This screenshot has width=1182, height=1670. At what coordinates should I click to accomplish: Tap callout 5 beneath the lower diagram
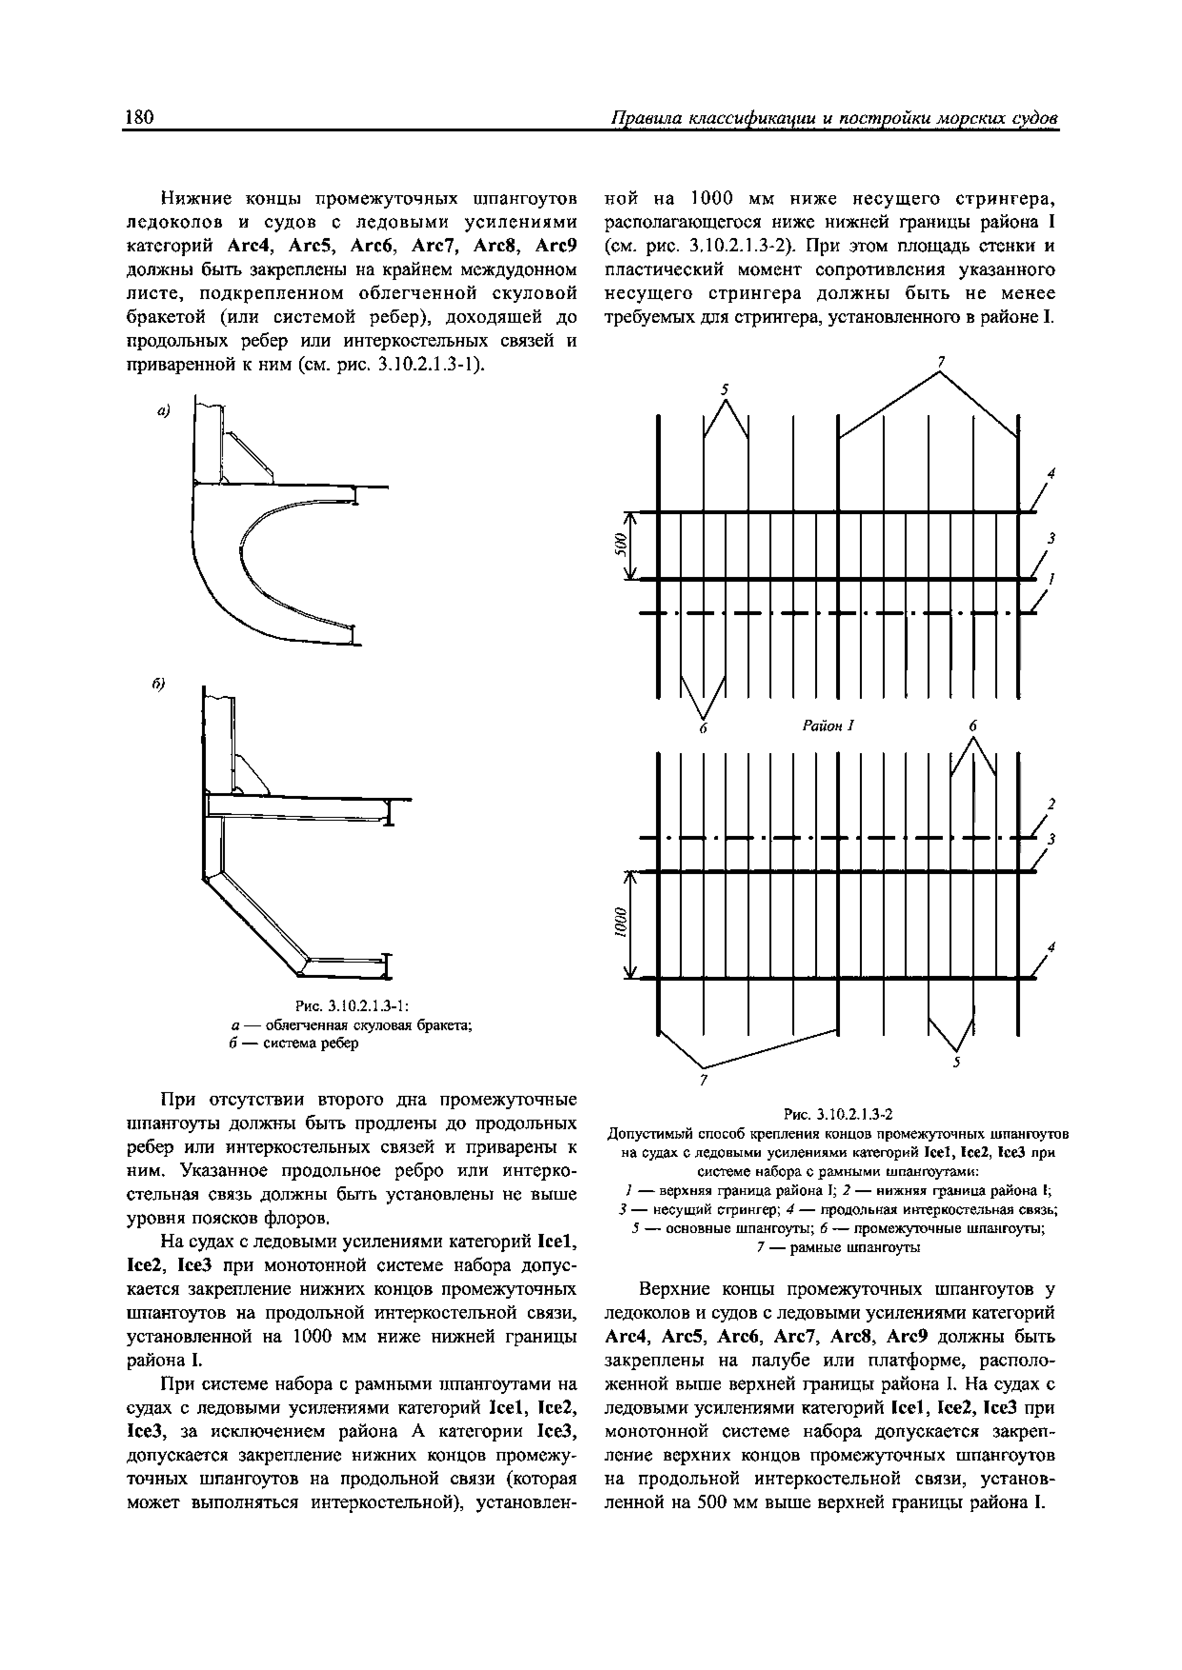coord(958,1064)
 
